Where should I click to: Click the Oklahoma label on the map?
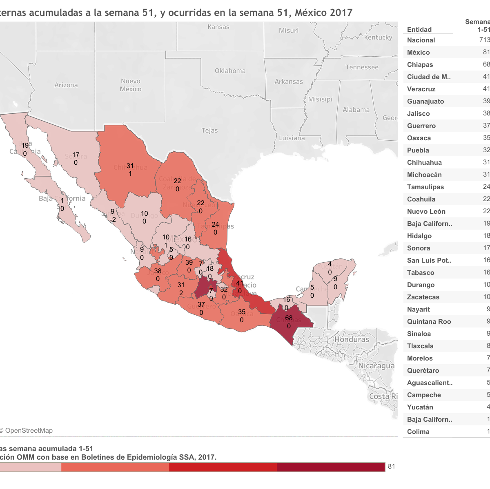[230, 71]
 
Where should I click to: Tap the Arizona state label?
[66, 85]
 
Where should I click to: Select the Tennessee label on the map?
[362, 67]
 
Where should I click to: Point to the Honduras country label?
[352, 339]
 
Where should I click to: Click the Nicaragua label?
[376, 366]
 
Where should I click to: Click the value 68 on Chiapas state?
[289, 318]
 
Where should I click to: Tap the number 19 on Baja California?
[25, 145]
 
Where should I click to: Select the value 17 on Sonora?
[76, 155]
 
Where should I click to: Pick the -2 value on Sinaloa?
[112, 220]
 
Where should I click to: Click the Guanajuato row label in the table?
[425, 101]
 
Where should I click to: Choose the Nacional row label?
[421, 40]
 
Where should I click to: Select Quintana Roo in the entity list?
[429, 321]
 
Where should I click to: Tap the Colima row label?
[418, 431]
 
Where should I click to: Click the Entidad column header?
[419, 29]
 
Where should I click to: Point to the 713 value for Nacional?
[484, 40]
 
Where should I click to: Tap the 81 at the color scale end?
[391, 467]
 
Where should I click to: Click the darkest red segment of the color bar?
[331, 467]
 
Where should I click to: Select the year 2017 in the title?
[341, 13]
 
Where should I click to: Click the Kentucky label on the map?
[378, 38]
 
